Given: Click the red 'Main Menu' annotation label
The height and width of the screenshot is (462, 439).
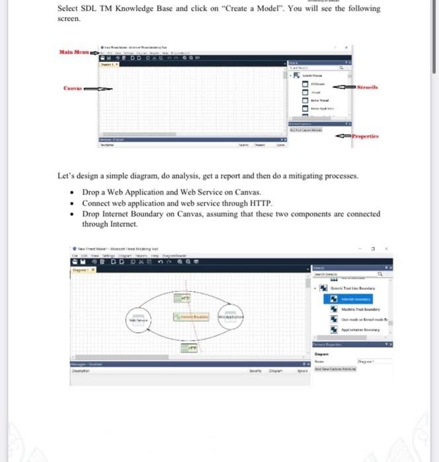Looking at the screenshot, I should coord(74,51).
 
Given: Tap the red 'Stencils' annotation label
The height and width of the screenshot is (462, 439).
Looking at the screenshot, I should coord(367,86).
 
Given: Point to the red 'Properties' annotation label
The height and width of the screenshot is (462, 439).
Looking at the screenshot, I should coord(370,136).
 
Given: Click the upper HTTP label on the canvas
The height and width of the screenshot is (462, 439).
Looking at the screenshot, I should coord(186,299).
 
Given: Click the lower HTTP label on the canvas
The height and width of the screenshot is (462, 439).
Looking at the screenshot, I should coord(188,346).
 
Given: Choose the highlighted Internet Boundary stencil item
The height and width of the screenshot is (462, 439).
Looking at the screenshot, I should coord(352,298).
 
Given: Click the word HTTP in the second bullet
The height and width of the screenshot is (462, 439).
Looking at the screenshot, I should coord(258,203).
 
